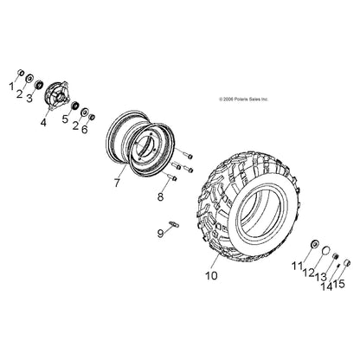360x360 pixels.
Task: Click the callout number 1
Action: pyautogui.click(x=11, y=87)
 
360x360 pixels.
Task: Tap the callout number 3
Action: pyautogui.click(x=29, y=99)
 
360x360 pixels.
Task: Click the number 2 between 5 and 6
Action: pyautogui.click(x=74, y=120)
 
